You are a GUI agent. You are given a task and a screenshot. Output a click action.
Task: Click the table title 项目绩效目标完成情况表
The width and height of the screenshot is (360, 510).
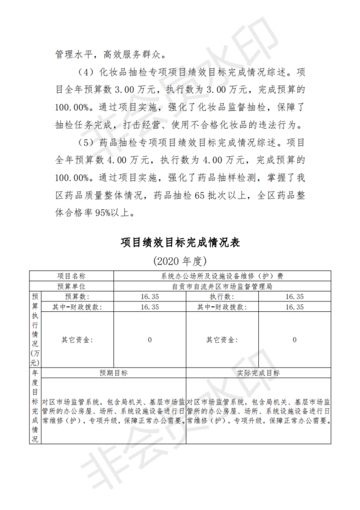pyautogui.click(x=180, y=243)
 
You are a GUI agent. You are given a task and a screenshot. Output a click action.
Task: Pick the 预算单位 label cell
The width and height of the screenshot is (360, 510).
pyautogui.click(x=71, y=286)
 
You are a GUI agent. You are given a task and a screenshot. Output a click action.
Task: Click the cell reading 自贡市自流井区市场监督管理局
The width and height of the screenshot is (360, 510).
pyautogui.click(x=222, y=286)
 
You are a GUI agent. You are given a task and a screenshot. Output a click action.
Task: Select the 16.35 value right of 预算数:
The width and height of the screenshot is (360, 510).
pyautogui.click(x=150, y=296)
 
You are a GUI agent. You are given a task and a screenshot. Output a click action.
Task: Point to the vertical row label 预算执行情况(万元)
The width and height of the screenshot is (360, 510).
pyautogui.click(x=35, y=330)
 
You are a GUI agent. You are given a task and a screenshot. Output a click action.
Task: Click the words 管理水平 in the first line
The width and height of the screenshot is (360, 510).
pyautogui.click(x=70, y=55)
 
